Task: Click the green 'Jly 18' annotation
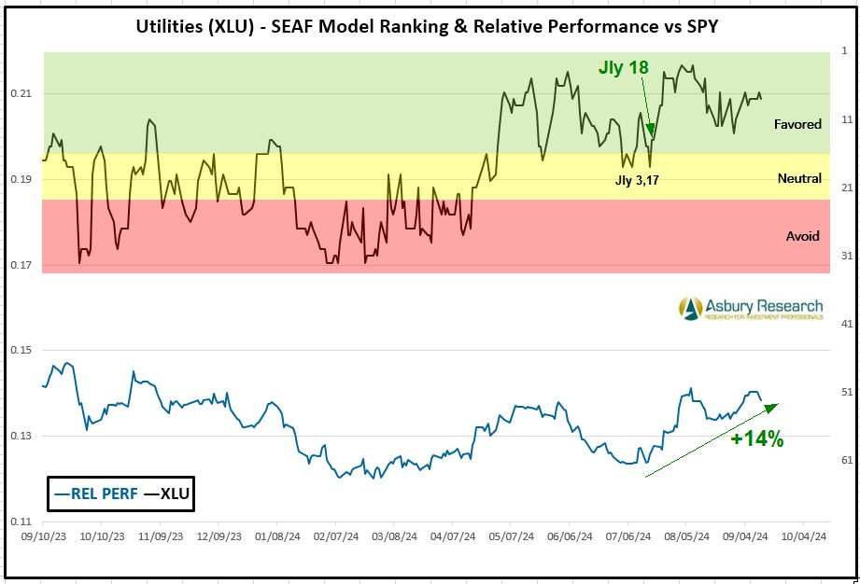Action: [623, 68]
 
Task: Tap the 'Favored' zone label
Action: [797, 124]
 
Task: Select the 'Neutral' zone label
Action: [799, 178]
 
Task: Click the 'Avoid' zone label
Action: [802, 236]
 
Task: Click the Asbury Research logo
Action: [751, 308]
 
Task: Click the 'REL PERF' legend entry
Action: [92, 494]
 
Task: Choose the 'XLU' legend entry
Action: [165, 494]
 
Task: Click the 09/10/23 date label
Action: [43, 537]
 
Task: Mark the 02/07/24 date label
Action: [331, 537]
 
